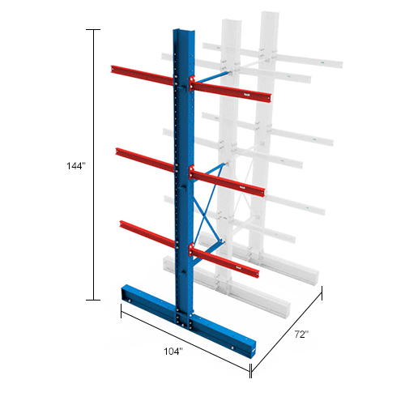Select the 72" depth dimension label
click(303, 333)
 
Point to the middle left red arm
click(144, 158)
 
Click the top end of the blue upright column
click(181, 33)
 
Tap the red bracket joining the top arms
click(192, 82)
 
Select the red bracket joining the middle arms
click(192, 171)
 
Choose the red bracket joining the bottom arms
click(192, 248)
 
